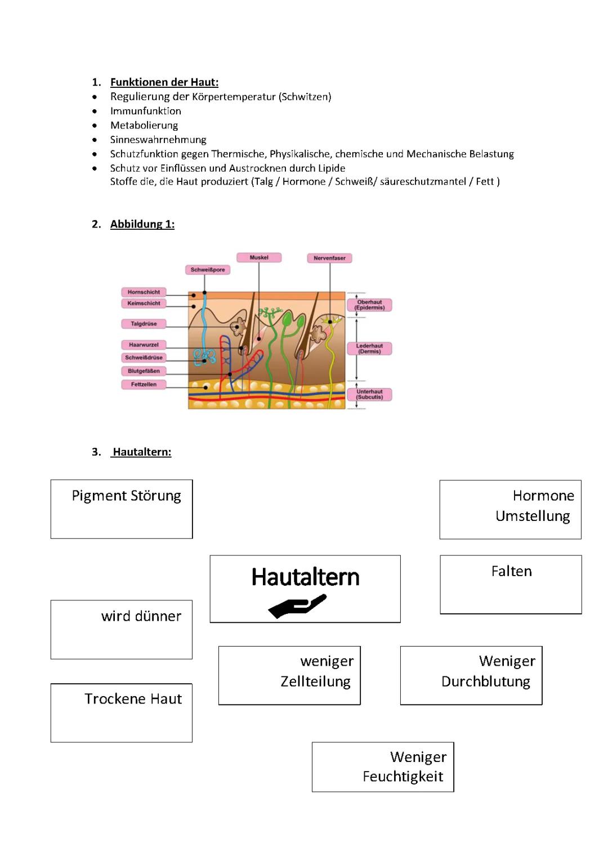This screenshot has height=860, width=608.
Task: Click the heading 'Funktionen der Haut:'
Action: (x=164, y=82)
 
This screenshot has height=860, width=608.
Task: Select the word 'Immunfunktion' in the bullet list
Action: (x=145, y=111)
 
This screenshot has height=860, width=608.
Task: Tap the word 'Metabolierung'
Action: (x=144, y=125)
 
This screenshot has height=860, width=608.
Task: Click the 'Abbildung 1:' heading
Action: (x=142, y=224)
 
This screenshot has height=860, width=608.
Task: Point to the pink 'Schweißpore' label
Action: (x=208, y=270)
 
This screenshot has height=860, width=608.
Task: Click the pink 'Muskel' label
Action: (x=259, y=257)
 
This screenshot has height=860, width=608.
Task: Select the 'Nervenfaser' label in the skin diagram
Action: (x=330, y=258)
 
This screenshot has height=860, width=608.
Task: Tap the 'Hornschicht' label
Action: (x=144, y=292)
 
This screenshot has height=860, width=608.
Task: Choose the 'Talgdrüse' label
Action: (x=144, y=324)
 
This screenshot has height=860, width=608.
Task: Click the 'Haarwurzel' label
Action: (x=144, y=345)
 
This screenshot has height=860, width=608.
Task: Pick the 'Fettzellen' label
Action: (x=144, y=385)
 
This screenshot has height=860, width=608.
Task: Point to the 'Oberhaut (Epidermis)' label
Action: (x=370, y=305)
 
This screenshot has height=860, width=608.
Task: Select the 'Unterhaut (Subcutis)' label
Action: (x=369, y=394)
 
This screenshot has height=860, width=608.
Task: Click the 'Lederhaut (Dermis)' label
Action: (x=369, y=349)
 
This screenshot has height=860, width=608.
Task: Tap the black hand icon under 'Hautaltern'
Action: (x=297, y=606)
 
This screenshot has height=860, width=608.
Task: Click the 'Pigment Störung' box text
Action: (x=126, y=496)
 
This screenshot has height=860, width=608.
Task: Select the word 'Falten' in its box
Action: (x=511, y=571)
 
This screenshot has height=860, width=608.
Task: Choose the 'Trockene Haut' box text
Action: (x=133, y=699)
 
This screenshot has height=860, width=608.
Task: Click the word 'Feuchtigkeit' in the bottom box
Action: (x=403, y=777)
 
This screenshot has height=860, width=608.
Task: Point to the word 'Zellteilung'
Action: (x=315, y=681)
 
